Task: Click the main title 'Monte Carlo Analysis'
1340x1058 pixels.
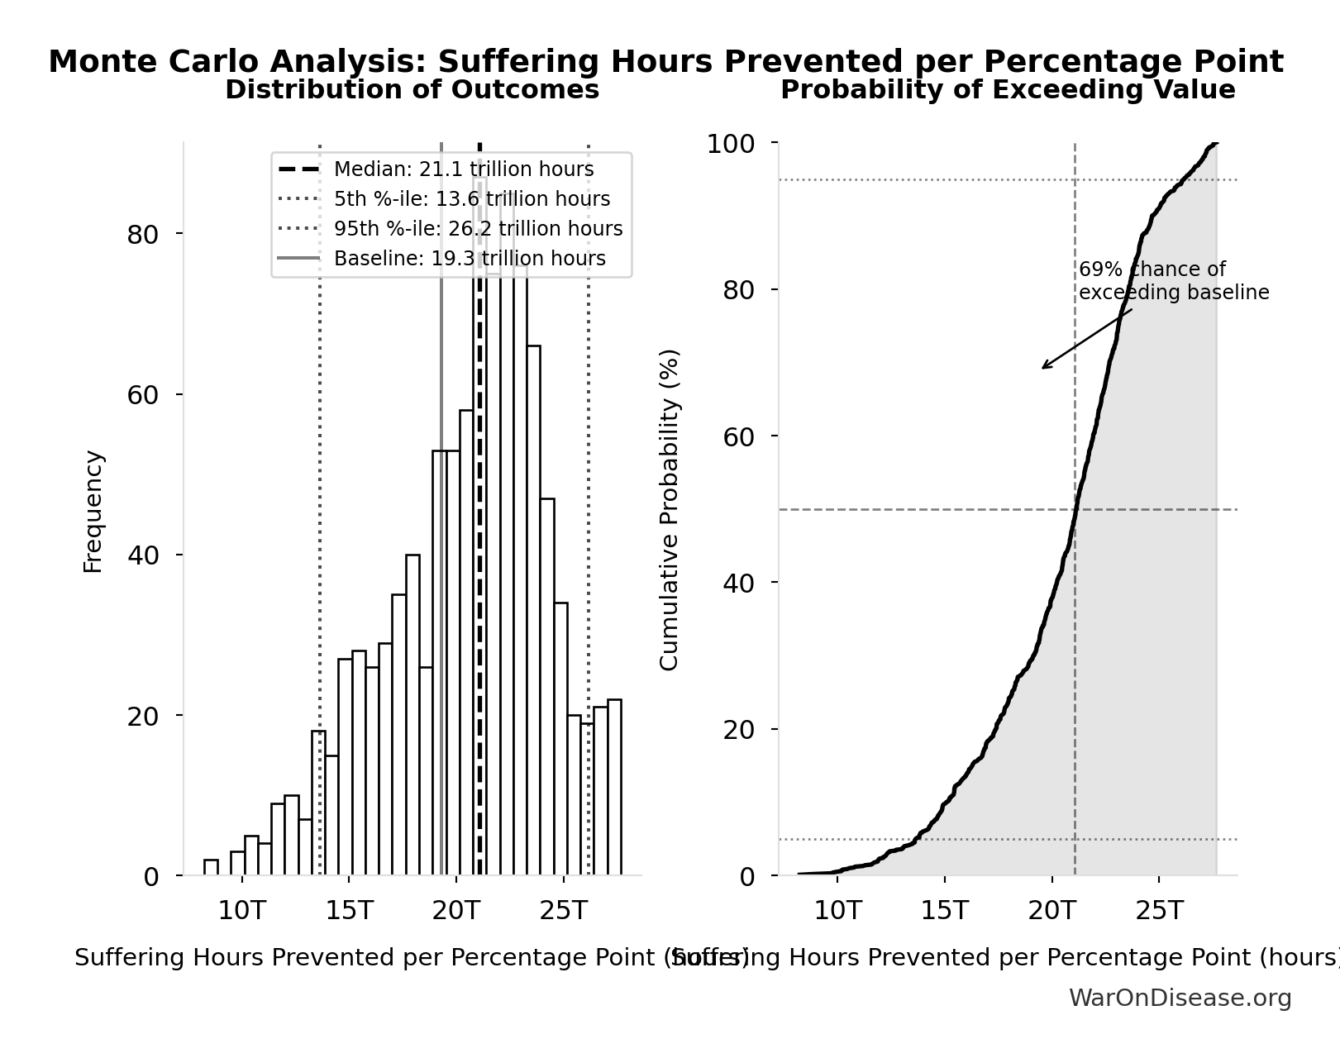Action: (x=665, y=62)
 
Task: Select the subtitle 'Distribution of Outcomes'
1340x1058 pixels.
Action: (x=412, y=90)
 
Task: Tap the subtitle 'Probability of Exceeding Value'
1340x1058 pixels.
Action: (x=1008, y=90)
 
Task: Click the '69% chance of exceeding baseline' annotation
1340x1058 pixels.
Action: (x=1173, y=281)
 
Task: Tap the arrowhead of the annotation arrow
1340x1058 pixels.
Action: (x=1043, y=368)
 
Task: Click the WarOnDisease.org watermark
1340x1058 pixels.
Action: (x=1180, y=998)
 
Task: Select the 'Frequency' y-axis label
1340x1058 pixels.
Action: (x=93, y=511)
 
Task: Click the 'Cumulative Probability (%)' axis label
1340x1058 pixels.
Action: (x=669, y=509)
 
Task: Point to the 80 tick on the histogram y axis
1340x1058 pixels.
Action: (x=142, y=235)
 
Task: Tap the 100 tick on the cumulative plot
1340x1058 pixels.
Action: (x=730, y=144)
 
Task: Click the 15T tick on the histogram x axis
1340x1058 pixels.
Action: (x=349, y=911)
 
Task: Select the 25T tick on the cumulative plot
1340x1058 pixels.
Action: (x=1158, y=911)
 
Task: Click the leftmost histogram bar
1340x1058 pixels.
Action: (x=211, y=867)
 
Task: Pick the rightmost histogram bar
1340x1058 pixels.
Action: (x=614, y=787)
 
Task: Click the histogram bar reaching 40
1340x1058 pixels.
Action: (x=412, y=715)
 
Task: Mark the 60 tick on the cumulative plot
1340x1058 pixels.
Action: (x=738, y=436)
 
